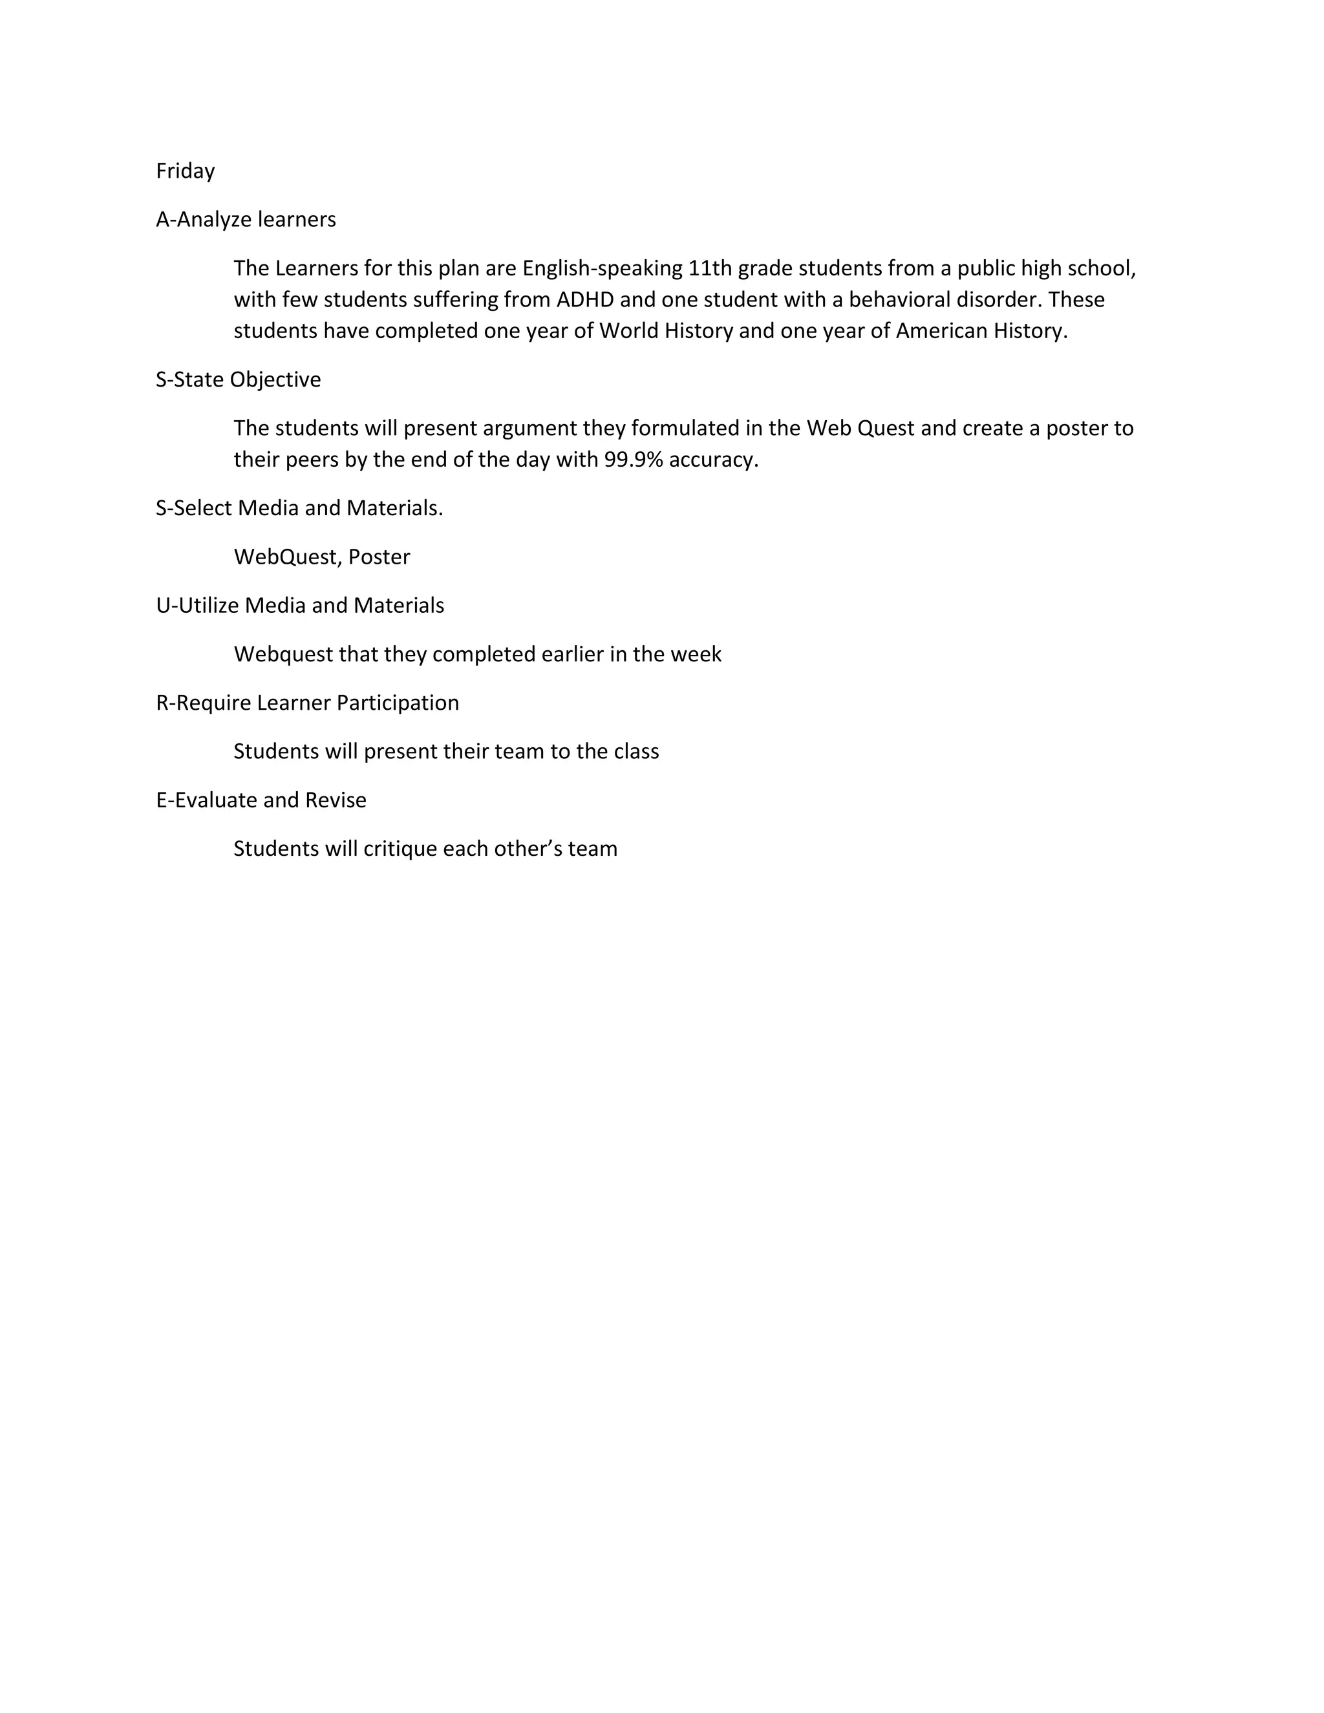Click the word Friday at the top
(185, 171)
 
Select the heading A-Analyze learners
(246, 220)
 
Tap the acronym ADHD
(585, 300)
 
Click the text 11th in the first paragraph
(710, 268)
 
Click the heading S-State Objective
(239, 379)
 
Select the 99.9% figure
(634, 460)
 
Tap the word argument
(529, 428)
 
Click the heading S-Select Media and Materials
(299, 508)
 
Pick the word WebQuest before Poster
(286, 557)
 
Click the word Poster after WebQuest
(379, 557)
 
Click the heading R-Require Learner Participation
(308, 703)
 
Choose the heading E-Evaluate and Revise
(261, 800)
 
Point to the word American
(941, 331)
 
